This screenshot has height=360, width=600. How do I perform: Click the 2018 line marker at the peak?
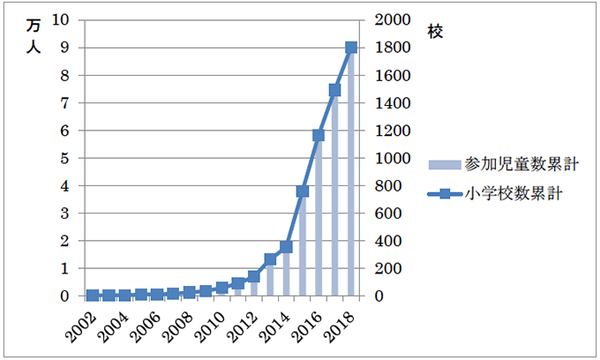(351, 48)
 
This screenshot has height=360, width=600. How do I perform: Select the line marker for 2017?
(334, 89)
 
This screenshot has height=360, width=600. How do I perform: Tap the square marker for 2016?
(319, 135)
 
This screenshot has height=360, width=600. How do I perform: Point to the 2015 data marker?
(303, 191)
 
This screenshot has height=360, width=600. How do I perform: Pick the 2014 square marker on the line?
(286, 247)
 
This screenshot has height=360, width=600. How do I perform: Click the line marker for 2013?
(270, 259)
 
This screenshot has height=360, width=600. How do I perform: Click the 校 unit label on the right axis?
(435, 32)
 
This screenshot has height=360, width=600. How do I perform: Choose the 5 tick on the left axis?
(66, 159)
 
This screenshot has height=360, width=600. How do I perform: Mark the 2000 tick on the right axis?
(393, 20)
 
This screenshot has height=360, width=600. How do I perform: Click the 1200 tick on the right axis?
(393, 131)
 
